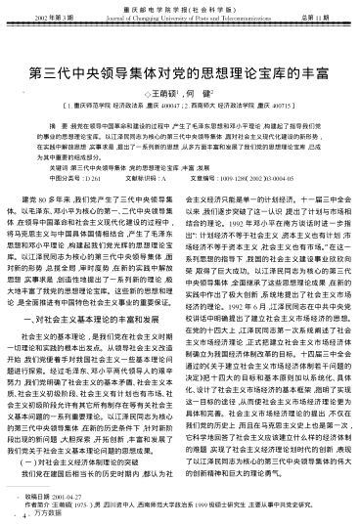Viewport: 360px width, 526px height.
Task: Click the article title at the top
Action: point(180,73)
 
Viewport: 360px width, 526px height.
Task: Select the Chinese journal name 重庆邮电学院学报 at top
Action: point(182,8)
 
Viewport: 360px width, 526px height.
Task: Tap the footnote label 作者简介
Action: point(40,504)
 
